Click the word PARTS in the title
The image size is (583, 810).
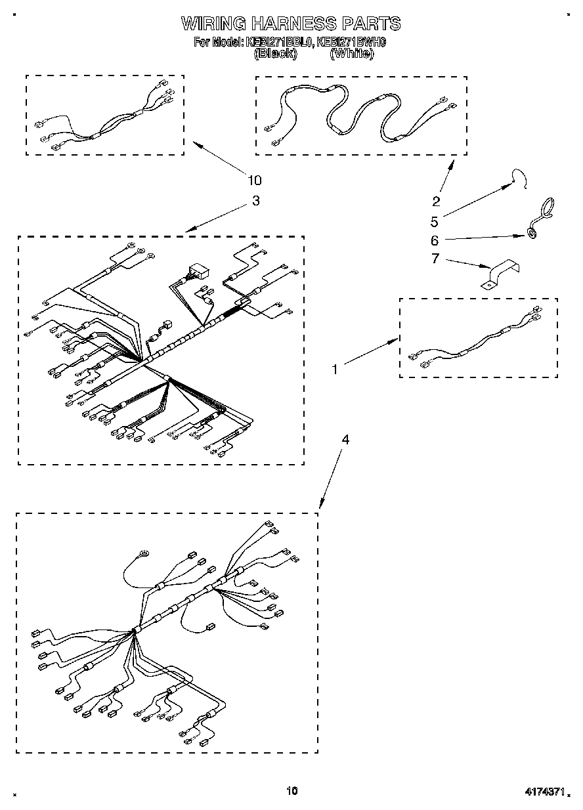(x=371, y=24)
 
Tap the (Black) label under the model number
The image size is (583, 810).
(x=275, y=54)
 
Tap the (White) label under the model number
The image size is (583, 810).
(x=352, y=54)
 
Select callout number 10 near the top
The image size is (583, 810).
(x=254, y=180)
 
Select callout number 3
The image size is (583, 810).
(x=255, y=201)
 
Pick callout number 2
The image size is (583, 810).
(x=436, y=202)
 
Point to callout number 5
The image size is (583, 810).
(x=434, y=221)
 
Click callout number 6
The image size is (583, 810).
(x=434, y=240)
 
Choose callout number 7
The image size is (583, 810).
(x=434, y=259)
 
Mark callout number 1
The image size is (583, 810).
(x=334, y=370)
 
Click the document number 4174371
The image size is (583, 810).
(x=543, y=792)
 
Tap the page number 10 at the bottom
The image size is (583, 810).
(x=291, y=791)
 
